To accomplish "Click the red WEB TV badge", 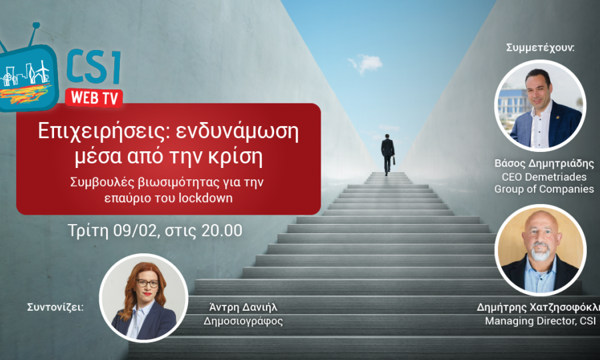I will pyautogui.click(x=94, y=97).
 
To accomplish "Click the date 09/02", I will pyautogui.click(x=131, y=232).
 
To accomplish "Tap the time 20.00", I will pyautogui.click(x=220, y=232).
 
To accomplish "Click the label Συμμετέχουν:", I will pyautogui.click(x=540, y=48).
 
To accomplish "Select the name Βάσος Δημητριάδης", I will pyautogui.click(x=544, y=163).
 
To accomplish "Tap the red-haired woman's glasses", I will pyautogui.click(x=147, y=283).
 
